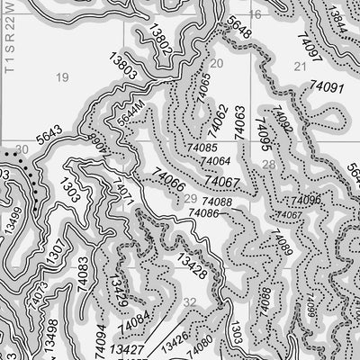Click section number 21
pyautogui.click(x=299, y=67)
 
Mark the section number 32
pyautogui.click(x=189, y=303)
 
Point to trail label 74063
pyautogui.click(x=240, y=121)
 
